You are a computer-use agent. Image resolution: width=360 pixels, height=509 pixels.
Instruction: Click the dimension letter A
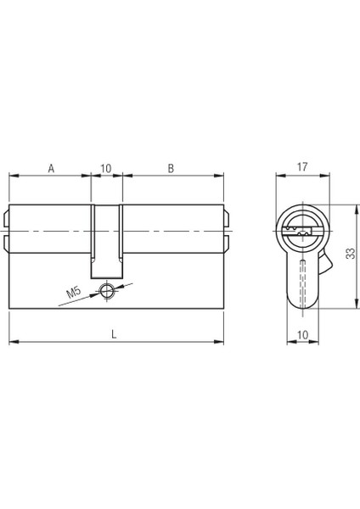pos(51,167)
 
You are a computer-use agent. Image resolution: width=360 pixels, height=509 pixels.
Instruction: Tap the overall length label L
pos(114,334)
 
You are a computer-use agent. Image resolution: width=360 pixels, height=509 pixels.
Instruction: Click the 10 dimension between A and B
pos(106,167)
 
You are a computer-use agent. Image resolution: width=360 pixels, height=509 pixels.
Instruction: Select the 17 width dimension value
pos(302,167)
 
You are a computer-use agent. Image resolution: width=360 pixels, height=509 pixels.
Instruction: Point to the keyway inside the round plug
pos(301,227)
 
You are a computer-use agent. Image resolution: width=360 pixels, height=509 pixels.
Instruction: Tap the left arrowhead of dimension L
pos(12,343)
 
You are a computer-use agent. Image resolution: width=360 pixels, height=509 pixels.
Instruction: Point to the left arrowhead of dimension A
pos(12,176)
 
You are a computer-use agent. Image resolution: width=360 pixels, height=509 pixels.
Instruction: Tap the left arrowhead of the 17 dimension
pos(281,176)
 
